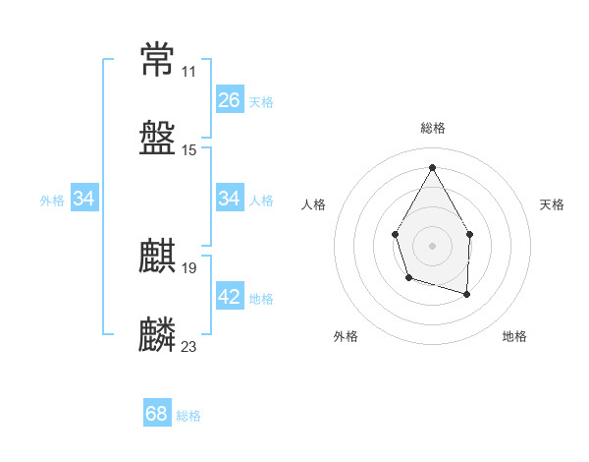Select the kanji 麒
point(158,257)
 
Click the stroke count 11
point(188,72)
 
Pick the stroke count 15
point(189,150)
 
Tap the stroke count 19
point(189,268)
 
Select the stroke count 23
point(189,347)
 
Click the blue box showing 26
point(230,100)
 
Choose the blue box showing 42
point(230,297)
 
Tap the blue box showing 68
point(157,414)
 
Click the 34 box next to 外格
point(84,199)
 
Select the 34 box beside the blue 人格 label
point(230,199)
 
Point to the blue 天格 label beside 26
point(261,101)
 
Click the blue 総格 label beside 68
point(188,416)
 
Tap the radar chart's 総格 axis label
point(432,128)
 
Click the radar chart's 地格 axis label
point(514,336)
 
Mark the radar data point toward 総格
point(432,166)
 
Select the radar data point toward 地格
point(466,294)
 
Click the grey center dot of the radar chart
point(432,244)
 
